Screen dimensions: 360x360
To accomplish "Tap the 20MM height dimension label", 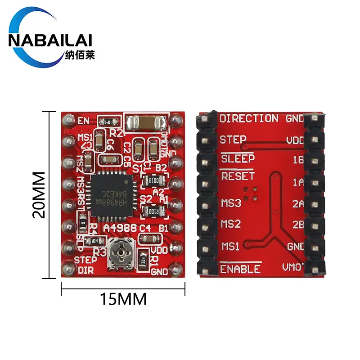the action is pos(40,194).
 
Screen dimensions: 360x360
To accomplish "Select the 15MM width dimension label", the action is pos(123,298).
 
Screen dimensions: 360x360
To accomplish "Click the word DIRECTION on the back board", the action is pos(248,119).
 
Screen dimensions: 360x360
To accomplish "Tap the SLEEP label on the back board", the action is pos(237,158).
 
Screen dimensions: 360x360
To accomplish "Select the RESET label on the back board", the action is pos(238,176).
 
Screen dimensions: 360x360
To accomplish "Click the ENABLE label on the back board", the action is pos(240,269).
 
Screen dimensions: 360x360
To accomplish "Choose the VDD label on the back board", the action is pos(296,140).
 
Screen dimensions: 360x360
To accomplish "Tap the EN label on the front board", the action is pos(83,121).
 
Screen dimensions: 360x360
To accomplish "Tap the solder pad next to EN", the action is pos(68,120).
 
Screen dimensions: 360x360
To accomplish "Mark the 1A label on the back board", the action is pos(298,182).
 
